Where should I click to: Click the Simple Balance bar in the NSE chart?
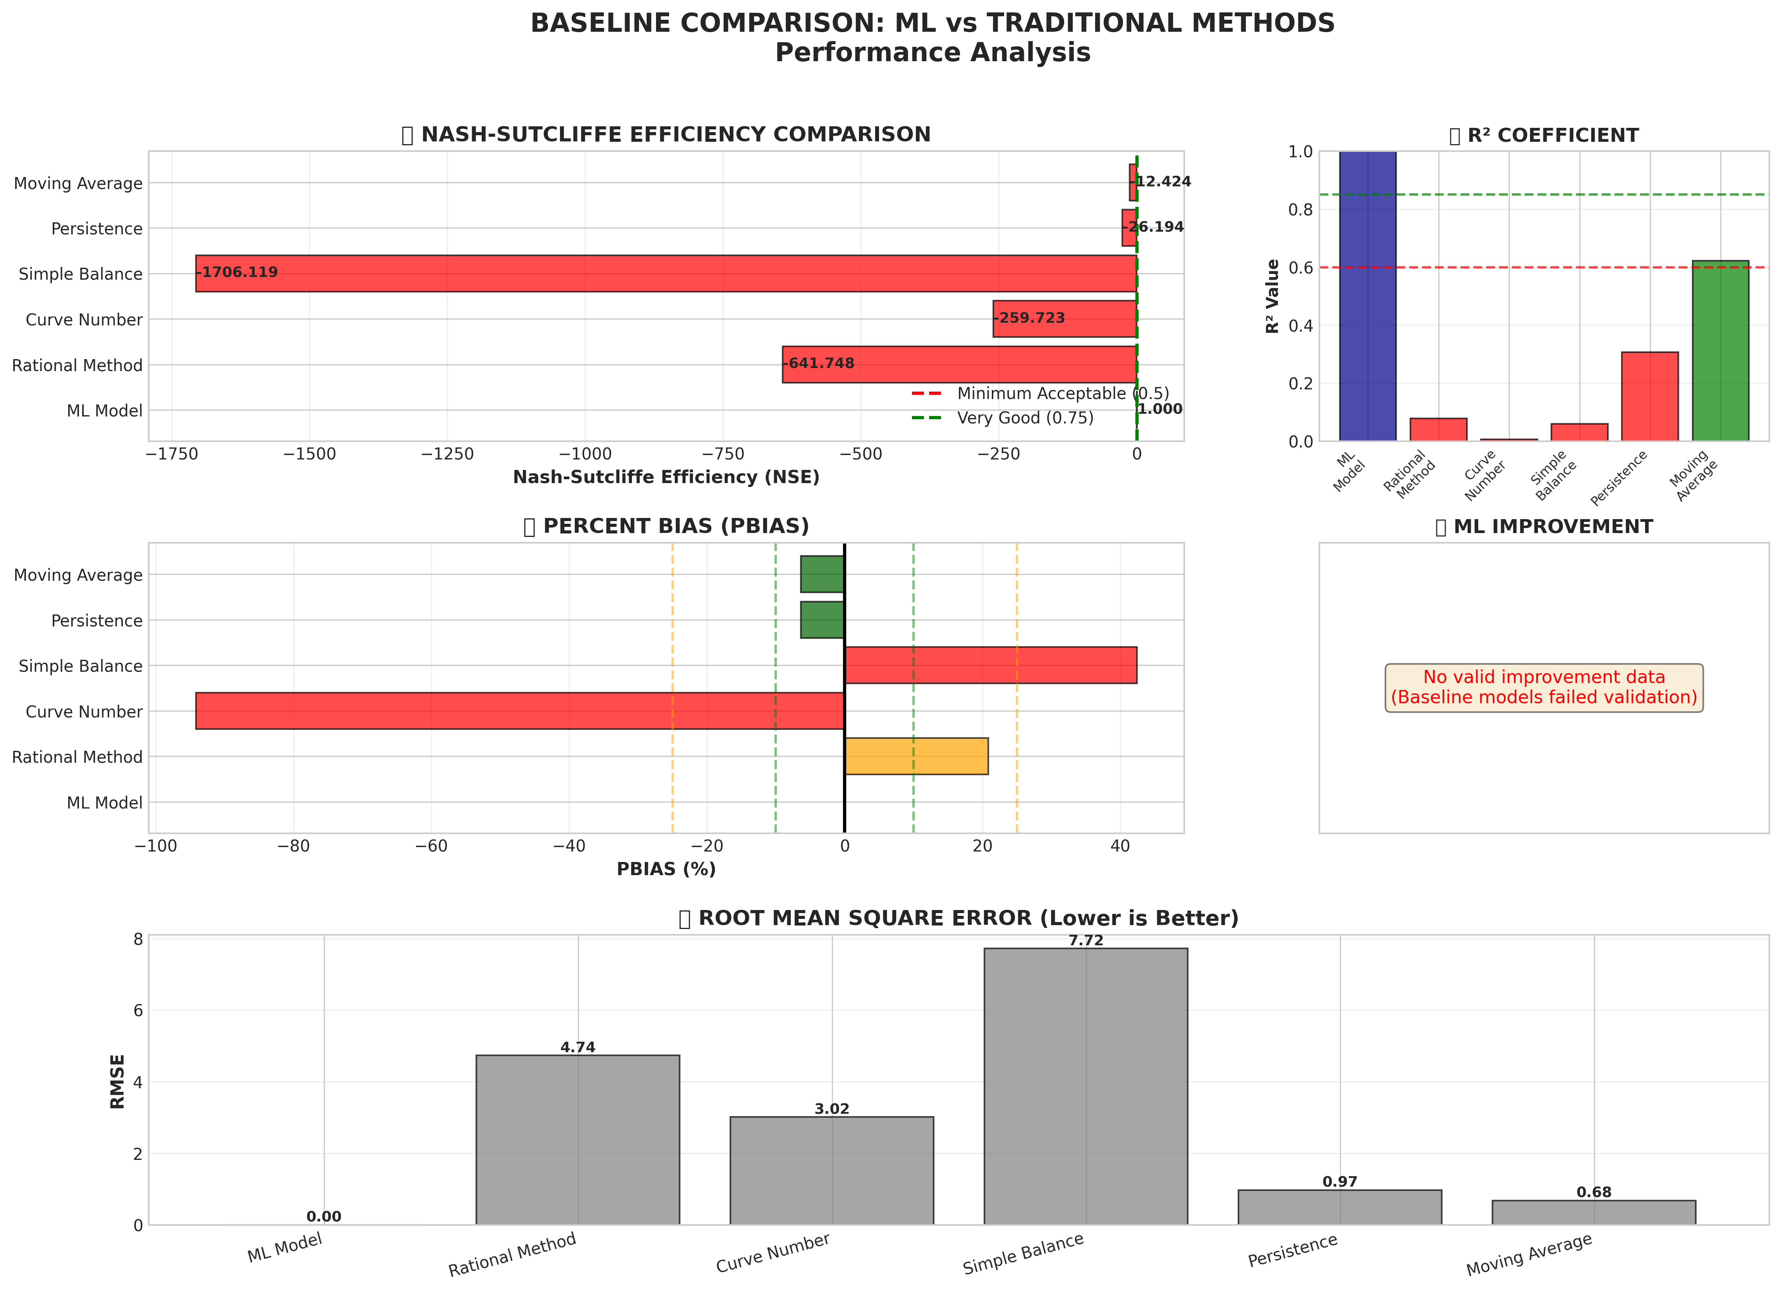pos(666,274)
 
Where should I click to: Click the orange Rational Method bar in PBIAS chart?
pos(915,756)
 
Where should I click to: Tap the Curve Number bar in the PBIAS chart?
pos(520,711)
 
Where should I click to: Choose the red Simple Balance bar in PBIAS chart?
pos(990,665)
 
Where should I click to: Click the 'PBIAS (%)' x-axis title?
pos(666,869)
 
